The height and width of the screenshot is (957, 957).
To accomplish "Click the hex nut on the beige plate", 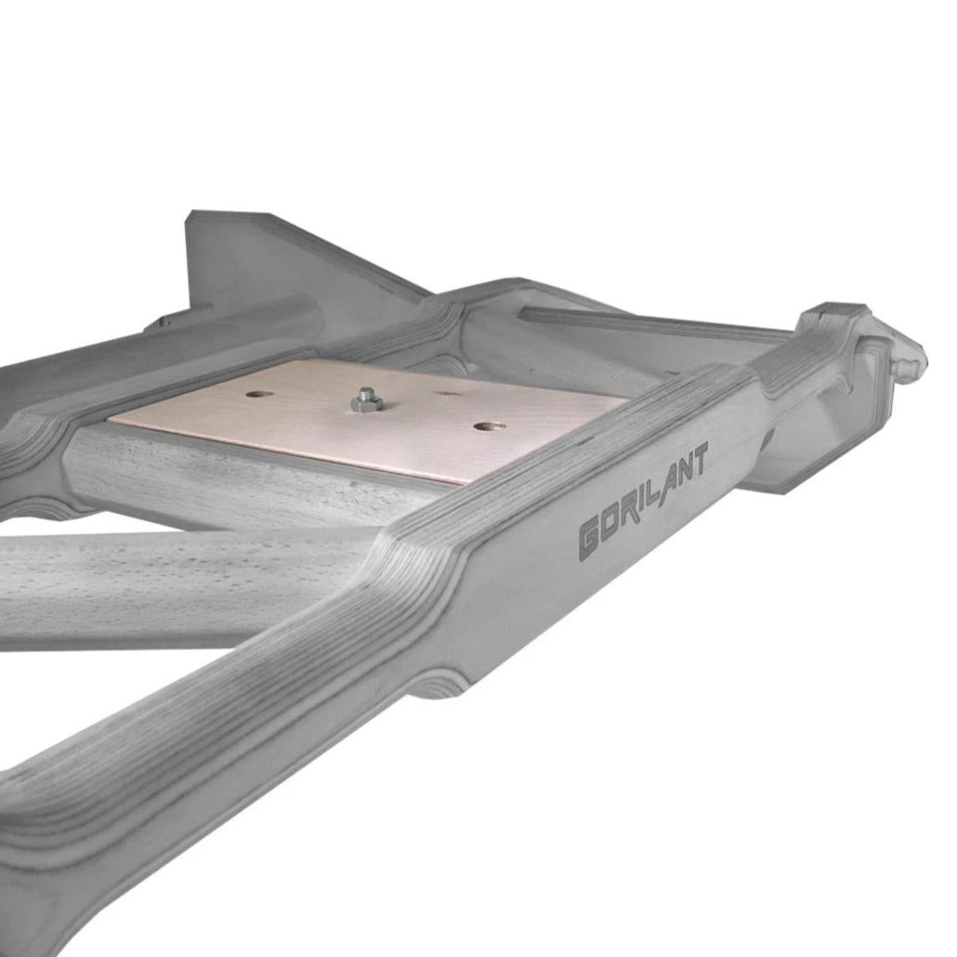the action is tap(367, 402).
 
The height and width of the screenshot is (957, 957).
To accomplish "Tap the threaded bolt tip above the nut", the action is tap(366, 392).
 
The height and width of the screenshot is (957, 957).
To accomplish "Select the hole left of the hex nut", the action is tap(259, 394).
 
